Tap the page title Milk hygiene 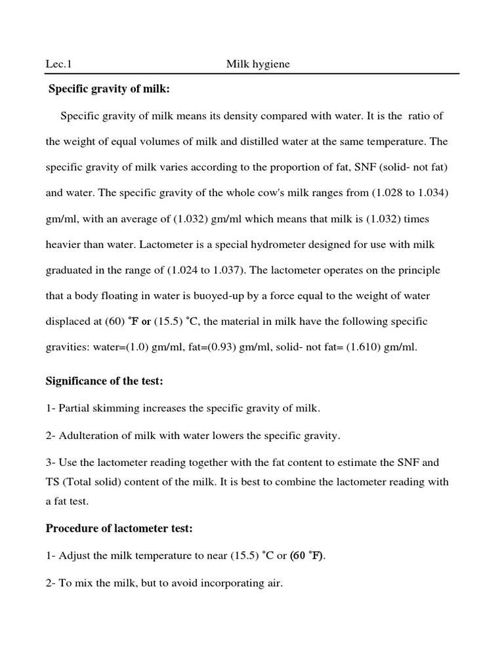pos(258,64)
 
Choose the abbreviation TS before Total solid pos(52,482)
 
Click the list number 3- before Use pos(51,463)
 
